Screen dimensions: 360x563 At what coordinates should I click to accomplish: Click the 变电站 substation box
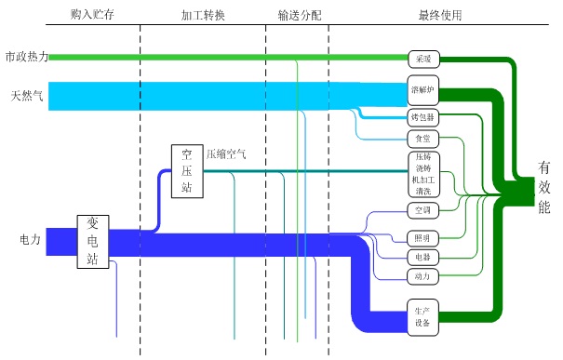click(x=92, y=240)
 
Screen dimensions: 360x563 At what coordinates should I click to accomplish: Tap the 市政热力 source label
click(x=24, y=58)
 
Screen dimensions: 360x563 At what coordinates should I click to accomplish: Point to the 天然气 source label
click(x=26, y=96)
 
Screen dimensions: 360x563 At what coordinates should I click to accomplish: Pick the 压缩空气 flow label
click(x=226, y=154)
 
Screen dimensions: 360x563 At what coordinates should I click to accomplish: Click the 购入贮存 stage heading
click(x=91, y=16)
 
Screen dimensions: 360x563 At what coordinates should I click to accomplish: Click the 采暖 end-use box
click(x=422, y=59)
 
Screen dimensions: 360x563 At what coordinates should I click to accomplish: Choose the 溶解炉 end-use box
click(x=422, y=90)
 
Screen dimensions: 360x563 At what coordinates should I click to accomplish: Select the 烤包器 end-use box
click(x=422, y=118)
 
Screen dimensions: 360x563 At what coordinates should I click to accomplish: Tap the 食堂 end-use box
click(x=422, y=139)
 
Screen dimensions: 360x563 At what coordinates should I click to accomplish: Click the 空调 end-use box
click(x=422, y=210)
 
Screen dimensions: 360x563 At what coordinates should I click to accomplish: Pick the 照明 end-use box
click(x=422, y=236)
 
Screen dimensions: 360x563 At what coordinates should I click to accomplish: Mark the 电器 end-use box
click(x=422, y=257)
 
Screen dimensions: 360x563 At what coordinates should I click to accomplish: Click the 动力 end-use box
click(x=422, y=276)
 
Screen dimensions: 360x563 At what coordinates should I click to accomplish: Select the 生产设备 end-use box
click(x=422, y=317)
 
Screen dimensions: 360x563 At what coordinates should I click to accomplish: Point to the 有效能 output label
click(x=544, y=187)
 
